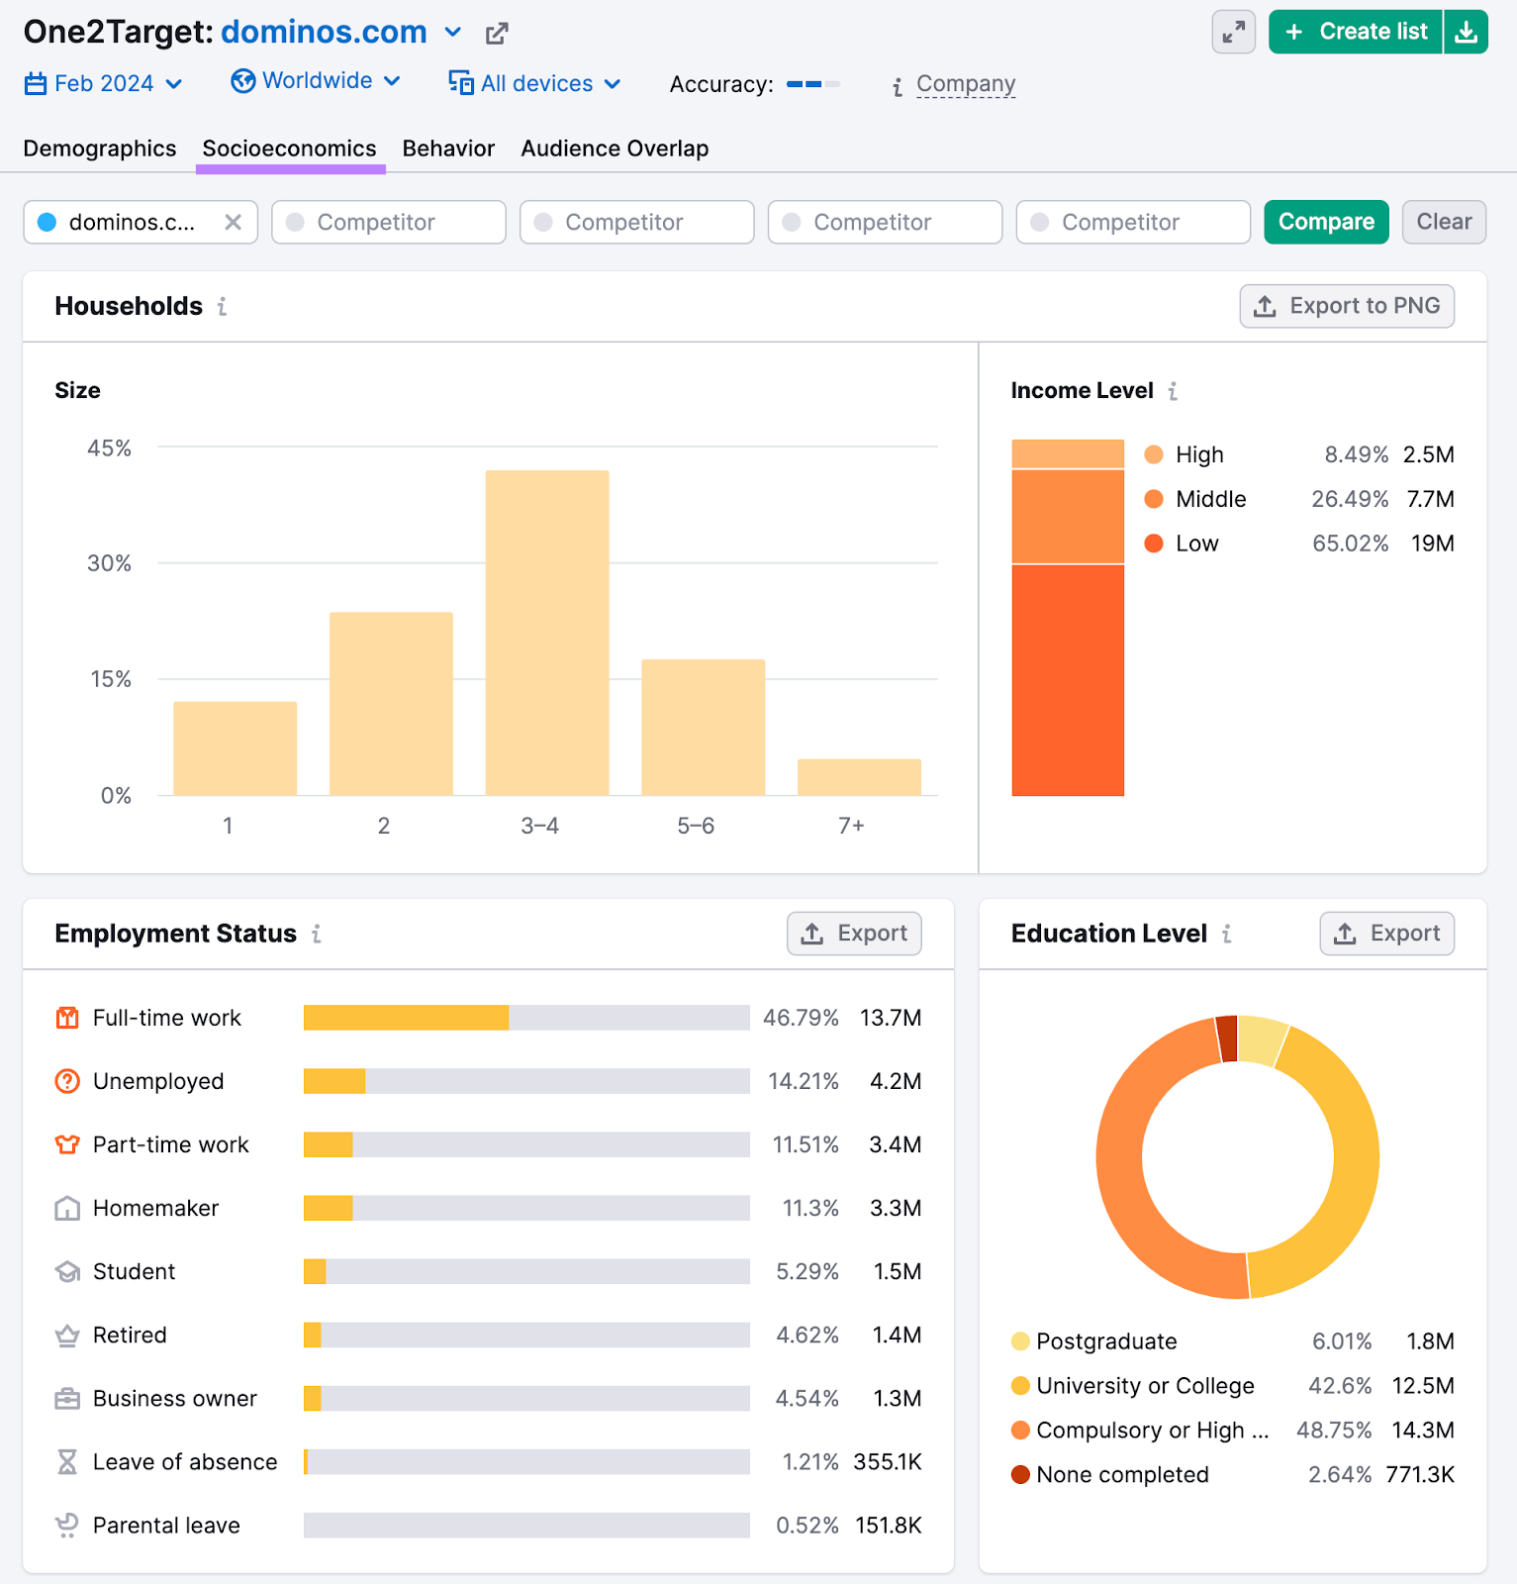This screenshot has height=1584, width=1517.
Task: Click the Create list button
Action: pos(1356,32)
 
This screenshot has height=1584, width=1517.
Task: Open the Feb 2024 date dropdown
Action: pos(103,83)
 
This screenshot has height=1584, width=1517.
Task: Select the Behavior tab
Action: pos(448,148)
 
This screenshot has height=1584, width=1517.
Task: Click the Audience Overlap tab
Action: pos(615,148)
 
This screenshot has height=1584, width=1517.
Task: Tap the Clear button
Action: pos(1444,222)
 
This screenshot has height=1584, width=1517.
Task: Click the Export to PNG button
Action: pos(1347,306)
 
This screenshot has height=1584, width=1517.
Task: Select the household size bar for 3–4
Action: pos(547,634)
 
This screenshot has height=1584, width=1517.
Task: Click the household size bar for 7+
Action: pos(859,777)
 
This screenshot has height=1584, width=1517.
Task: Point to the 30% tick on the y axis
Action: pos(109,563)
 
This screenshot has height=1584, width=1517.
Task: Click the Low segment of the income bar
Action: pos(1068,679)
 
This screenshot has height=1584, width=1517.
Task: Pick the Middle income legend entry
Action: pos(1210,499)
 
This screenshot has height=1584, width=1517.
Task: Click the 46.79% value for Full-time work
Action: pos(801,1018)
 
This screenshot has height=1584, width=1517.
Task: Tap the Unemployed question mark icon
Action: pos(67,1081)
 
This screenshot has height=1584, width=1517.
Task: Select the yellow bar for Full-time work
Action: pos(406,1018)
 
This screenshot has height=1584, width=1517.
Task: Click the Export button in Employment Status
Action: pos(854,934)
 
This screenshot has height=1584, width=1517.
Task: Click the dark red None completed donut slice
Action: pos(1227,1039)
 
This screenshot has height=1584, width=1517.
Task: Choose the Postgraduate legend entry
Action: pos(1105,1341)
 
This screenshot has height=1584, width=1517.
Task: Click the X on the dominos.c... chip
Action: pos(233,222)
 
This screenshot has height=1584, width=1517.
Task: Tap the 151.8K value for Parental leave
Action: pos(888,1526)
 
